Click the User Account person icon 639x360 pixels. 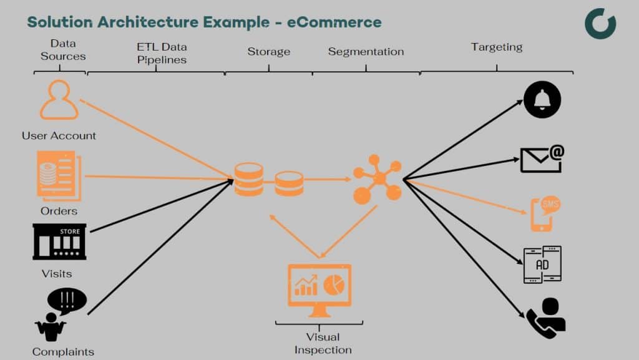tap(59, 100)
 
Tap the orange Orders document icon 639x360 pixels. tap(59, 177)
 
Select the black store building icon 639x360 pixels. tap(59, 242)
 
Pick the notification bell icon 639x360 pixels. tap(542, 100)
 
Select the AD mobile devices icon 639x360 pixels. tap(542, 265)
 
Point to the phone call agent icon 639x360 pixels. tap(545, 318)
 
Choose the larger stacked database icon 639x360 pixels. tap(248, 180)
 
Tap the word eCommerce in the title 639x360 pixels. tap(334, 22)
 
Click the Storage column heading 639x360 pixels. tap(268, 52)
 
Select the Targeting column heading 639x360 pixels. tap(497, 47)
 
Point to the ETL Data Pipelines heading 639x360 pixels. tap(162, 54)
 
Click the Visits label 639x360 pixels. tap(57, 273)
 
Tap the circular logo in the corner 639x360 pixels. tap(600, 24)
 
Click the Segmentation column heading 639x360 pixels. tap(366, 52)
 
